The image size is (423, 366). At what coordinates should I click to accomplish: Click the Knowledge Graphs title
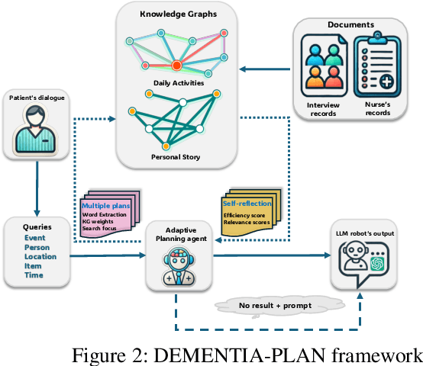(178, 15)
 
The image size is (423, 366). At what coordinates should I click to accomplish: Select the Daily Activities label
(179, 82)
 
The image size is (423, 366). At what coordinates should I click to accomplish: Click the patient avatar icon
(34, 130)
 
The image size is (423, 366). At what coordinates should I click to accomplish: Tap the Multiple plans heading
(105, 207)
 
